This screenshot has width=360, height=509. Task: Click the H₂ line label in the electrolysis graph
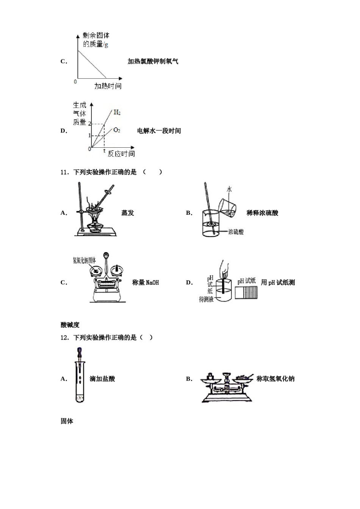click(117, 112)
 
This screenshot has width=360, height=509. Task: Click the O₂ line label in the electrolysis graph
click(117, 130)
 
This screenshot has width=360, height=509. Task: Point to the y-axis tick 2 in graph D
click(89, 124)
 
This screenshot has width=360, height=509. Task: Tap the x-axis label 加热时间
click(108, 86)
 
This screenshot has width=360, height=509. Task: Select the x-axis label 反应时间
click(121, 153)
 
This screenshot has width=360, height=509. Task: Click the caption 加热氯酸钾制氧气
click(153, 61)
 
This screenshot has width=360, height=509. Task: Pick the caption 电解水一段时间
click(159, 131)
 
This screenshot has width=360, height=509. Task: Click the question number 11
click(64, 172)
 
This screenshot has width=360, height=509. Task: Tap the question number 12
click(64, 337)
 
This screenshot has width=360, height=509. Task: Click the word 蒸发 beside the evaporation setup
click(128, 213)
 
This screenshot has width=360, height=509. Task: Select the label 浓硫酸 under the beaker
click(236, 232)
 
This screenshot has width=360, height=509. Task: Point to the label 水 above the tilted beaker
click(229, 189)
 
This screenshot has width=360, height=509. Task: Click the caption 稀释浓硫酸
click(262, 213)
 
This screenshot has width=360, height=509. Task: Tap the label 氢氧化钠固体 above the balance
click(84, 260)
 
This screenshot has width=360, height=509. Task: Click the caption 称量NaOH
click(146, 283)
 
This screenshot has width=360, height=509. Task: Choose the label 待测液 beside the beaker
click(206, 299)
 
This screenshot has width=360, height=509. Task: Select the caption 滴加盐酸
click(102, 379)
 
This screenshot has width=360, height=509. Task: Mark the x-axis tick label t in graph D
click(105, 151)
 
